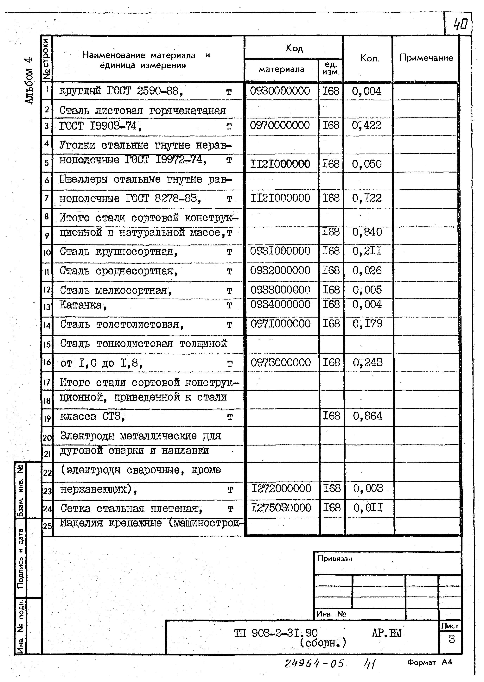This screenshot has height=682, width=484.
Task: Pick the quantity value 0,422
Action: click(x=366, y=125)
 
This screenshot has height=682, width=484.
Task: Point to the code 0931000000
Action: click(x=280, y=251)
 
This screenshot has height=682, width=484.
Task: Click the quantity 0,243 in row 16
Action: click(x=367, y=362)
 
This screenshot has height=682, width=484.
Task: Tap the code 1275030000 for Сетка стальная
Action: click(x=281, y=507)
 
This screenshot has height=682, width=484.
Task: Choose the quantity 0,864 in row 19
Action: click(x=367, y=416)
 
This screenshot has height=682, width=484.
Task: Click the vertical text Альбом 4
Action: click(x=29, y=80)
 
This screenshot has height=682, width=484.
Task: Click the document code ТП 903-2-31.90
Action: click(x=276, y=633)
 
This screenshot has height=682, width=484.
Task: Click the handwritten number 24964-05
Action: click(x=314, y=663)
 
